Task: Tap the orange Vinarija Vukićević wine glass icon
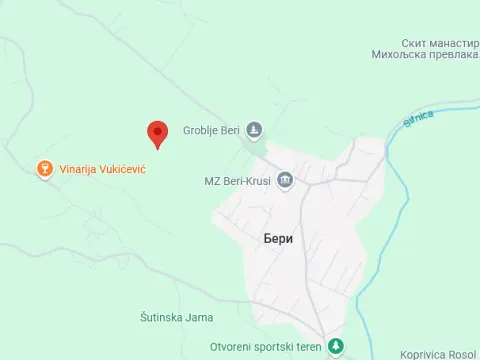tap(43, 168)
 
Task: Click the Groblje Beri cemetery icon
tap(255, 130)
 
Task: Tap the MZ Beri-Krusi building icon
tap(286, 180)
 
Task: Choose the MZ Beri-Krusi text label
tap(238, 180)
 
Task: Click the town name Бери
tap(278, 238)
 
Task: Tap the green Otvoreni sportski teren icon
tap(336, 346)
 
